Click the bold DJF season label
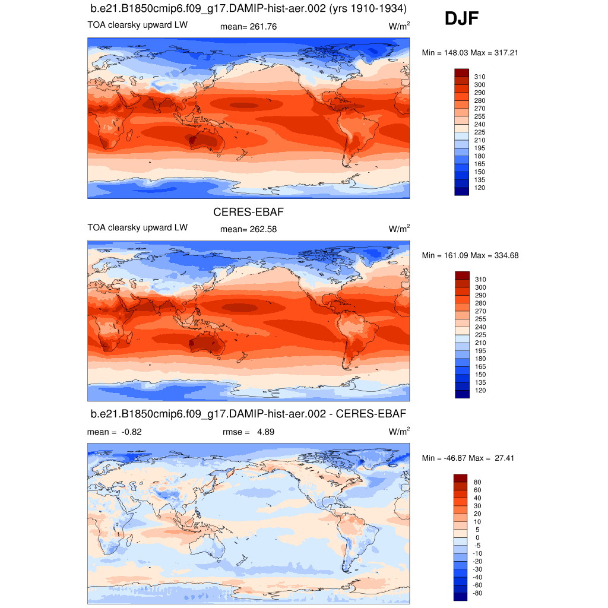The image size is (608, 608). (461, 20)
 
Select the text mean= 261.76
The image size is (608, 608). (248, 27)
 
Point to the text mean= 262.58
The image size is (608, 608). (248, 229)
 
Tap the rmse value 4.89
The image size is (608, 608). (265, 432)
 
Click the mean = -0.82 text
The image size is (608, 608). (114, 432)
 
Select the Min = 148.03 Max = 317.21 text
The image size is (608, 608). (470, 53)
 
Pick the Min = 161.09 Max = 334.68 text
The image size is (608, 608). (470, 255)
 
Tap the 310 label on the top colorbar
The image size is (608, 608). (479, 77)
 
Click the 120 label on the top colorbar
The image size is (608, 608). (479, 187)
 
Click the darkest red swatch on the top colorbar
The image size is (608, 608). (461, 72)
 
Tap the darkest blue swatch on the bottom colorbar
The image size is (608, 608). (461, 596)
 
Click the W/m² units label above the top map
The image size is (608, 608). (399, 26)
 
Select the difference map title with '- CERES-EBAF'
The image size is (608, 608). (248, 413)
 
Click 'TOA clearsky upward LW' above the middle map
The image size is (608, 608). (138, 227)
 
